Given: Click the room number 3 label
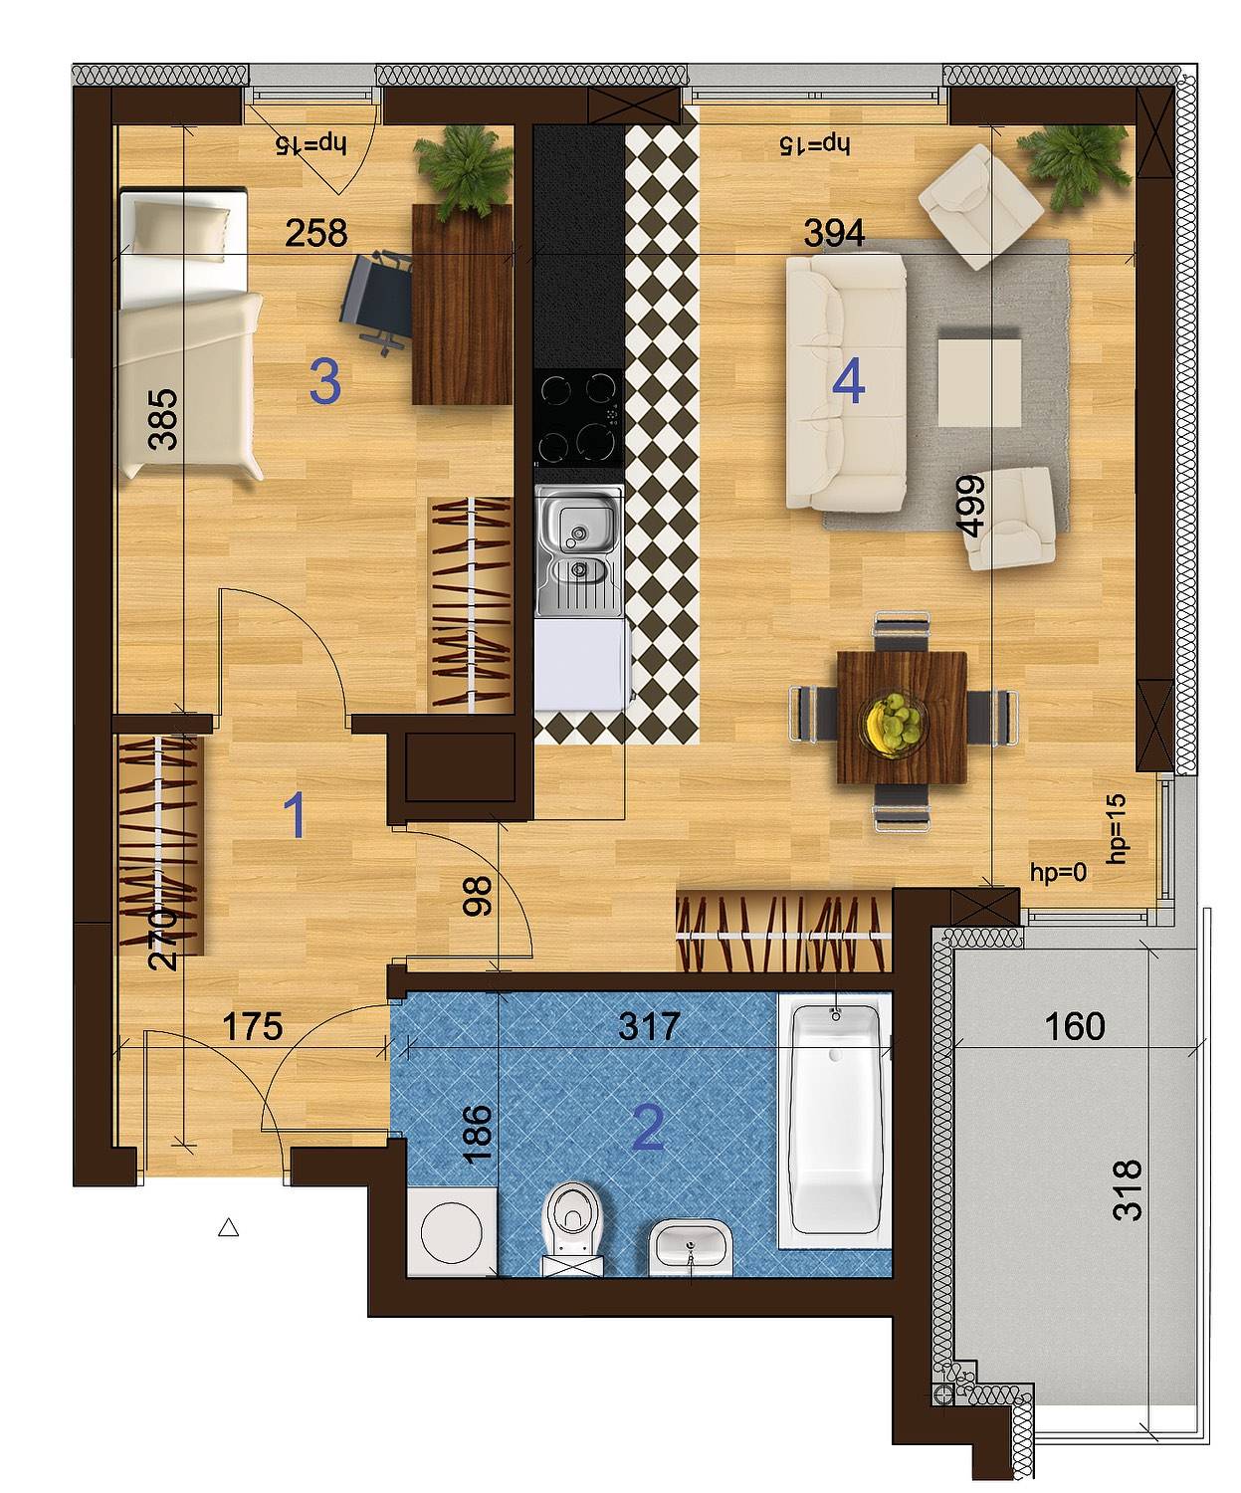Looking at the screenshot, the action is pyautogui.click(x=325, y=383).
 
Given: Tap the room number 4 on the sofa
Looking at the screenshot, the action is pyautogui.click(x=849, y=383).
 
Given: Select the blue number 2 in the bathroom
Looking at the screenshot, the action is pyautogui.click(x=649, y=1129).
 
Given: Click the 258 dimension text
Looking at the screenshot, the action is pyautogui.click(x=315, y=233).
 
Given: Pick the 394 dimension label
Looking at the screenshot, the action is pyautogui.click(x=834, y=233).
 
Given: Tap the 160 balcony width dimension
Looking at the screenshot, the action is pyautogui.click(x=1075, y=1027).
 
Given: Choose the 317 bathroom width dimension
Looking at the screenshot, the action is pyautogui.click(x=649, y=1027).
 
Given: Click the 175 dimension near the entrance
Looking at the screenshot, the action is pyautogui.click(x=253, y=1027).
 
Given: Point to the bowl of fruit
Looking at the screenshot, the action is pyautogui.click(x=894, y=723).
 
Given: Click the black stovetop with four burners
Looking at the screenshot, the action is pyautogui.click(x=578, y=418).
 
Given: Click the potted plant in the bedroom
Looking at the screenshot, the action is pyautogui.click(x=464, y=171).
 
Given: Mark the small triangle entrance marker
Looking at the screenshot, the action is pyautogui.click(x=229, y=1228).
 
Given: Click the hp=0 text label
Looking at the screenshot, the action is pyautogui.click(x=1058, y=872).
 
